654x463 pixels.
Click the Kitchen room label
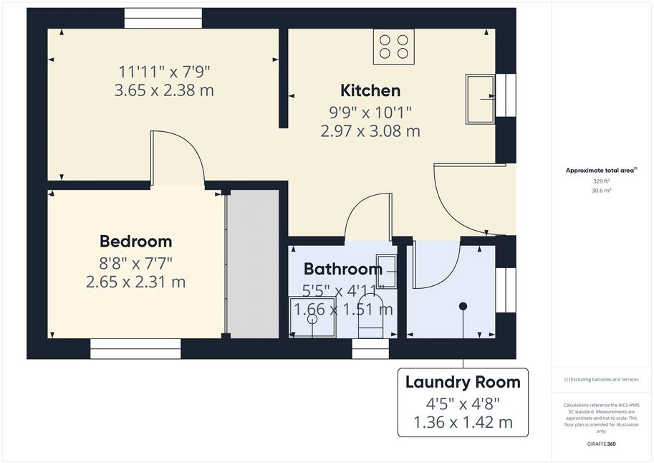(x=370, y=90)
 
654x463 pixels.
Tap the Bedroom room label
(x=136, y=242)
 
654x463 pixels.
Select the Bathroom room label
(x=343, y=269)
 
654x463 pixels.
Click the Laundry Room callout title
(x=463, y=382)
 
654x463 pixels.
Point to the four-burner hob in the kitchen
(x=394, y=47)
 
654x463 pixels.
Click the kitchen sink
(x=481, y=99)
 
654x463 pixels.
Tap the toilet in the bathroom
(x=371, y=316)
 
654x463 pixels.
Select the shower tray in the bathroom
(x=312, y=317)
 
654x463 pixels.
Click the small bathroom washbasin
(x=386, y=272)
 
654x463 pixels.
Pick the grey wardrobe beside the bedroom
(x=253, y=264)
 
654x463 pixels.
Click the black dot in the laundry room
(x=463, y=306)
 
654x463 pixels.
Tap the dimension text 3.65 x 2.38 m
(x=164, y=90)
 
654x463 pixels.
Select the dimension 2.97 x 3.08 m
(x=370, y=131)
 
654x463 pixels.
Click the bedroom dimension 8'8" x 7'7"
(x=136, y=263)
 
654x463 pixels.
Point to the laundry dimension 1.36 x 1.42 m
(x=463, y=422)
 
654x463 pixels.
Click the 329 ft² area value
(x=602, y=181)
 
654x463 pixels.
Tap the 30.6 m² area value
(x=602, y=191)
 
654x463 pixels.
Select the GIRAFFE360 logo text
(x=601, y=444)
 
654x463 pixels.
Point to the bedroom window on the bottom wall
(x=135, y=348)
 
